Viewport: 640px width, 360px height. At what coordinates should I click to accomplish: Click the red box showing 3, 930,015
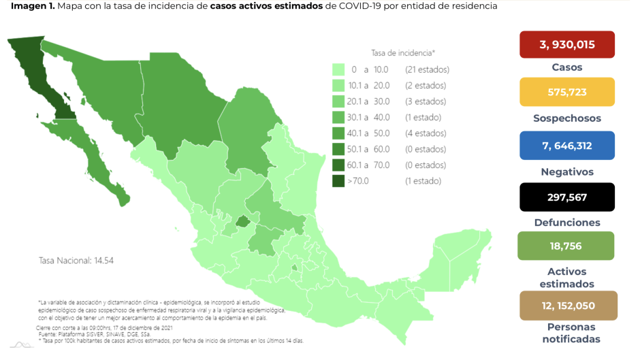point(566,44)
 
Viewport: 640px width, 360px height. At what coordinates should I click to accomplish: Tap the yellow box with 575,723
point(566,92)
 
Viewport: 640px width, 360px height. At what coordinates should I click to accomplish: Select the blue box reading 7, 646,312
point(566,145)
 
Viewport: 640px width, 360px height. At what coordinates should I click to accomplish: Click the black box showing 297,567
point(566,197)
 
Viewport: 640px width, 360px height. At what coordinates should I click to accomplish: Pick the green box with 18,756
point(566,246)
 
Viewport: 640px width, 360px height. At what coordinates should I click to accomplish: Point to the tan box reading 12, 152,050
point(566,306)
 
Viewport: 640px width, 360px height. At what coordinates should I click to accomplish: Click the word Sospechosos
point(566,118)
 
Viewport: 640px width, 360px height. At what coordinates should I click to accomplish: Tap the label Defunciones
point(566,223)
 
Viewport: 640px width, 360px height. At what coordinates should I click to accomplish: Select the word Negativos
point(566,171)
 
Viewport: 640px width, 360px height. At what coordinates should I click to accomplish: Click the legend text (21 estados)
point(427,69)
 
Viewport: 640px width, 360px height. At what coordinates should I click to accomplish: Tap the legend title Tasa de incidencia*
point(403,52)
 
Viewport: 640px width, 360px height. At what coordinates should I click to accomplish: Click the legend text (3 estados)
point(425,101)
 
